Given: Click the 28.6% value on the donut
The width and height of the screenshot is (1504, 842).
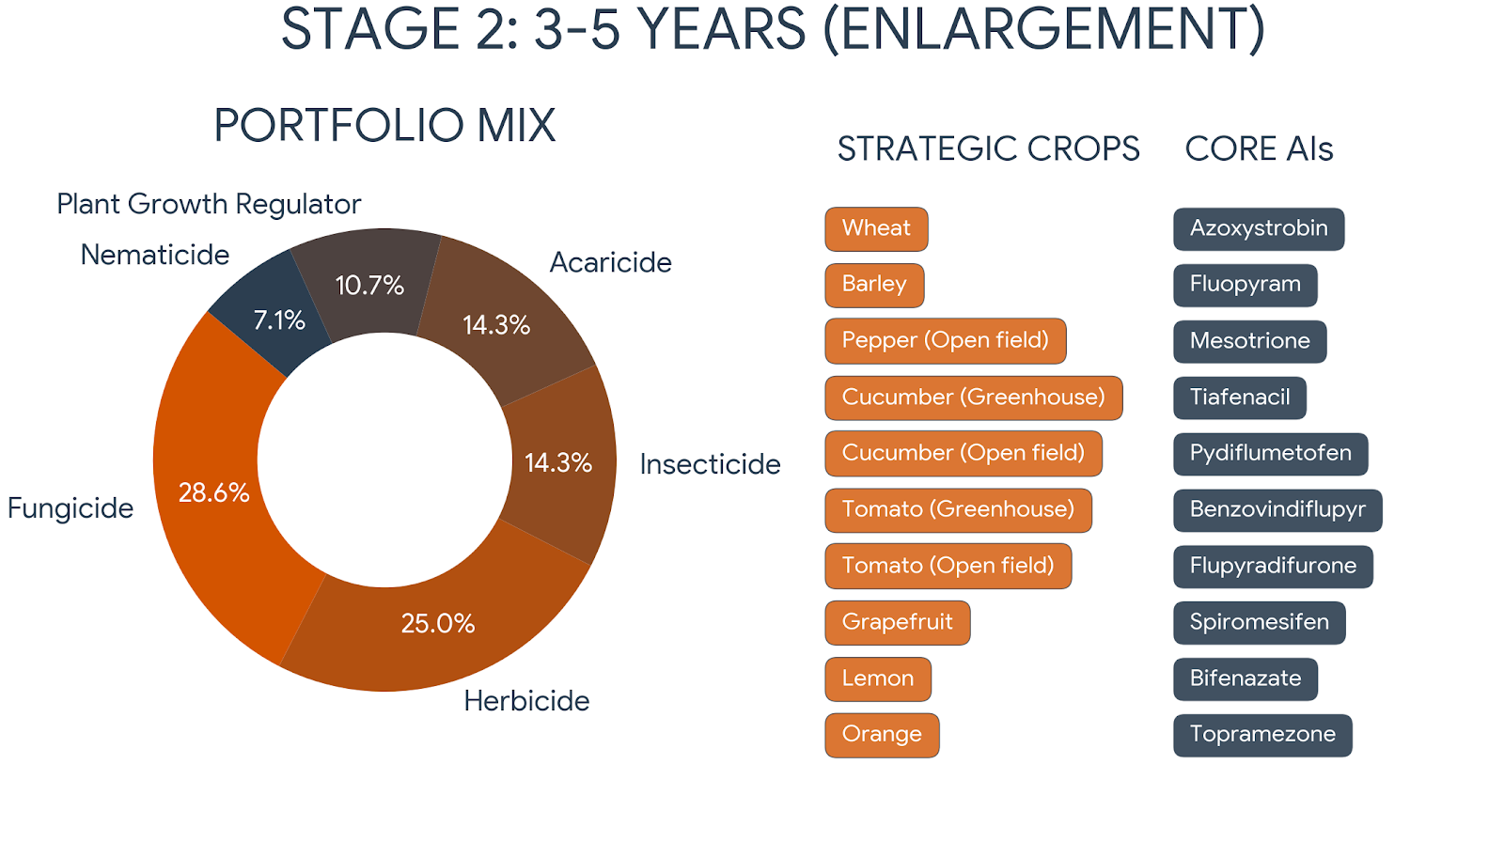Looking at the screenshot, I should point(214,492).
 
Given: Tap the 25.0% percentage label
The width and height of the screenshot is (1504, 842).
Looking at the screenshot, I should point(438,623).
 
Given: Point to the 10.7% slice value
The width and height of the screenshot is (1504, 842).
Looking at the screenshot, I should point(369,285).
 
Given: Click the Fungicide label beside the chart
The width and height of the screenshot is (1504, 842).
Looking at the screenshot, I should point(70,508).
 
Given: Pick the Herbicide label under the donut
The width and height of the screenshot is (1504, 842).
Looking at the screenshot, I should point(526,701).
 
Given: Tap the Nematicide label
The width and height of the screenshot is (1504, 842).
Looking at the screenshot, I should point(155,255).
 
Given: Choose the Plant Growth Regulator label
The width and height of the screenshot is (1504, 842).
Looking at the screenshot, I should point(209,204).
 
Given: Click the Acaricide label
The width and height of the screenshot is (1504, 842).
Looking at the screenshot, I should point(610,262).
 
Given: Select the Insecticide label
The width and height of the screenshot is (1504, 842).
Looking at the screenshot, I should point(710,464).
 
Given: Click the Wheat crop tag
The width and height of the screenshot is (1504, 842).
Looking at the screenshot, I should point(876,228).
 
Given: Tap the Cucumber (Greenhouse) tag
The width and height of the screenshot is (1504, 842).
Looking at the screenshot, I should point(973,397).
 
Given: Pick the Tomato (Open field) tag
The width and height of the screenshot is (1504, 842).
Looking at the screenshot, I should point(948,566).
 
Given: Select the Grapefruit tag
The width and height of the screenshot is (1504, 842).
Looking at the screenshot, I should point(897,622).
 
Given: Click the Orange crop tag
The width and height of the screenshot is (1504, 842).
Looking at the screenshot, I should point(882,734).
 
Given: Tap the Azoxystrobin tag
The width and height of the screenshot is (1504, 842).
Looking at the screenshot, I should point(1259,228).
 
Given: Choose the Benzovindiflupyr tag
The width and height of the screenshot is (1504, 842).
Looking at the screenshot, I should point(1277,509).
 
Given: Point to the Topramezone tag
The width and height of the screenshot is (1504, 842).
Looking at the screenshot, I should point(1262,734).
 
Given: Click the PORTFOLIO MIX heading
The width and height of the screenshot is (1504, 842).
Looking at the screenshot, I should point(384,125).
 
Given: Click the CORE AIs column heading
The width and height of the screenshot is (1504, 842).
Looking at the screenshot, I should point(1259,148).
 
